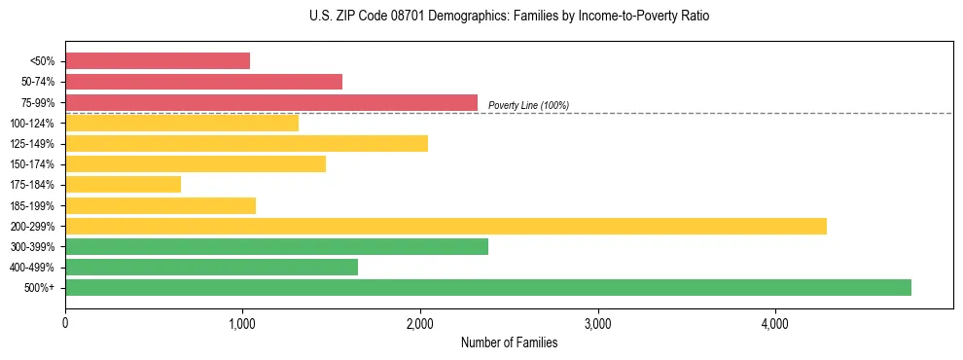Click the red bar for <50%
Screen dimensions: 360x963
point(158,61)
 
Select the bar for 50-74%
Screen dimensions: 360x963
point(203,82)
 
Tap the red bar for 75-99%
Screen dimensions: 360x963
point(271,102)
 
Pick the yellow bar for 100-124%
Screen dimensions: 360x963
point(182,123)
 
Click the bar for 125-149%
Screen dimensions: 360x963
point(246,143)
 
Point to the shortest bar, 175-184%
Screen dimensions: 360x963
point(123,184)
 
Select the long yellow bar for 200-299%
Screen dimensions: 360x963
point(446,226)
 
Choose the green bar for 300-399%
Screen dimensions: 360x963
point(276,246)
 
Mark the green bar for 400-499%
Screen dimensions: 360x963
point(211,267)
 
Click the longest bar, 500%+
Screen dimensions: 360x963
point(488,287)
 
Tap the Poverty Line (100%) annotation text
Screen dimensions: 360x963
point(528,105)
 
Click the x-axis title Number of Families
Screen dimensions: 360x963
point(509,342)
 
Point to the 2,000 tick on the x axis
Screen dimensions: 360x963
point(420,322)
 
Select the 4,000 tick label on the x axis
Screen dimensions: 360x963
point(775,322)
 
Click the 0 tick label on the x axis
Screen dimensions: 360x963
point(65,322)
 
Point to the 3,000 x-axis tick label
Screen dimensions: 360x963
point(597,322)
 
